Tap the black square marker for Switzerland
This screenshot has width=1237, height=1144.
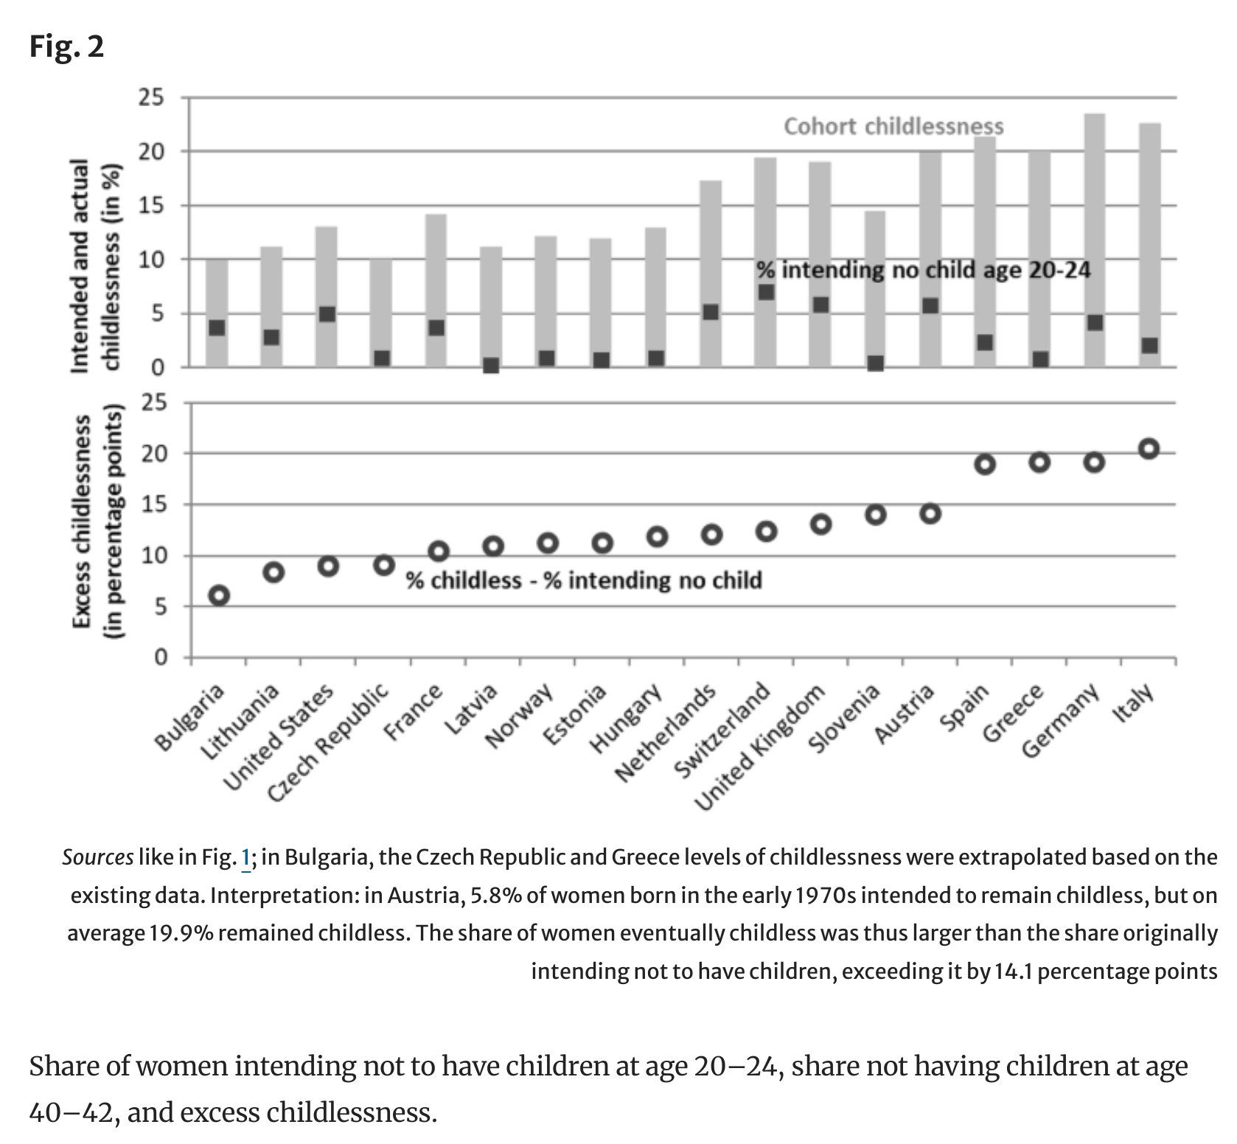tap(766, 292)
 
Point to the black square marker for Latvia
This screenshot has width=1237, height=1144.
tap(491, 365)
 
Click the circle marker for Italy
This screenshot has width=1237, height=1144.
tap(1149, 449)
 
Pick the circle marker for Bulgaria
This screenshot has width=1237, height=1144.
tap(219, 596)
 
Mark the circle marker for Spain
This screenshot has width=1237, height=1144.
tap(985, 464)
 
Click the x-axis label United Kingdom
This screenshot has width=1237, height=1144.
tap(761, 748)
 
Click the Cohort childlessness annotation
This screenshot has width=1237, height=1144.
tap(893, 127)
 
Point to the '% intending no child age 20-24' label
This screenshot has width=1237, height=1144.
tap(923, 271)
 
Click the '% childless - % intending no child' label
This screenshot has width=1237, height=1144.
tap(584, 581)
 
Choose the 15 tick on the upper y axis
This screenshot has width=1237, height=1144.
tap(153, 206)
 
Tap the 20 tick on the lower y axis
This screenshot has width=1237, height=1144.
tap(155, 453)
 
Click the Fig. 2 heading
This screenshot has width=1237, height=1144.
tap(66, 47)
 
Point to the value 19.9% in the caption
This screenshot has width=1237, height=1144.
tap(181, 933)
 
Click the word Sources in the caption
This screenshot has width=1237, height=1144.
tap(98, 857)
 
